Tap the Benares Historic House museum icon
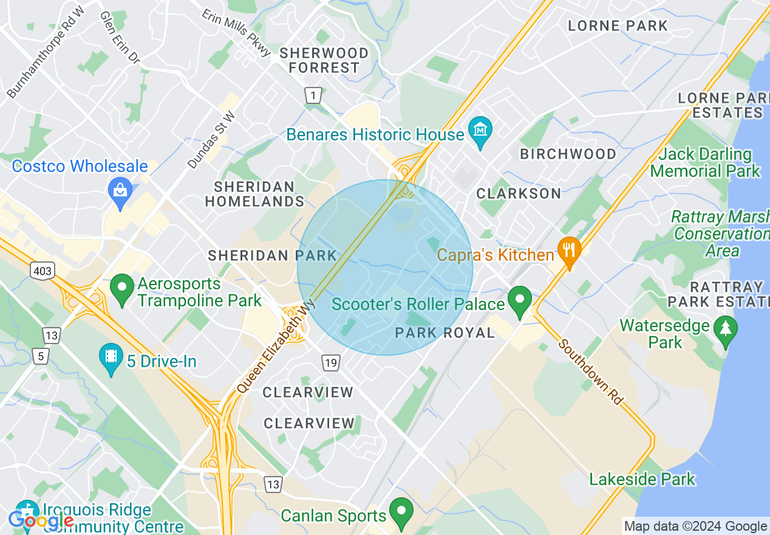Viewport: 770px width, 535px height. [480, 131]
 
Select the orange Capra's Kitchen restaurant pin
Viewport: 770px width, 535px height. [569, 251]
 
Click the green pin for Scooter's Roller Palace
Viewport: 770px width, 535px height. [519, 300]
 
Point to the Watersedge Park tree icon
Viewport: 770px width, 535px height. [725, 330]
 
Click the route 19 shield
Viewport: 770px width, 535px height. [330, 364]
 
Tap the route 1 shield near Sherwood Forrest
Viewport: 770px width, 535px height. [313, 95]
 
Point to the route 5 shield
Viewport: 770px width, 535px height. [41, 356]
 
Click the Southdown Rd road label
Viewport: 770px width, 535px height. [591, 372]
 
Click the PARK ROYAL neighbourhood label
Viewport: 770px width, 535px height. [445, 333]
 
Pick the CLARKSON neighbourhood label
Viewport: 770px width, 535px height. [519, 193]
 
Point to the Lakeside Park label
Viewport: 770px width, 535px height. [642, 479]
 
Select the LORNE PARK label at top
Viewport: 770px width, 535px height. [618, 26]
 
